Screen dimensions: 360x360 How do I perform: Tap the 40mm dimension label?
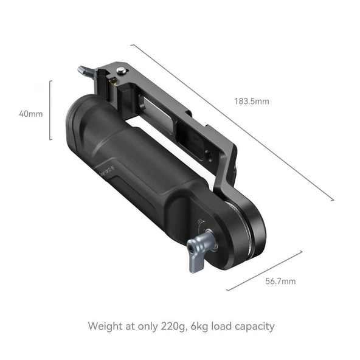(31, 114)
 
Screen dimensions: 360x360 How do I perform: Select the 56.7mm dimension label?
(281, 281)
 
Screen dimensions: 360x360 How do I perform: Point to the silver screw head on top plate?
(124, 72)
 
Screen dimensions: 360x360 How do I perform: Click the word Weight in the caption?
(105, 325)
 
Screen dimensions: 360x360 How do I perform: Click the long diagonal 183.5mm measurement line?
(231, 122)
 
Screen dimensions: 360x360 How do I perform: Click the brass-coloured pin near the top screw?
(114, 80)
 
